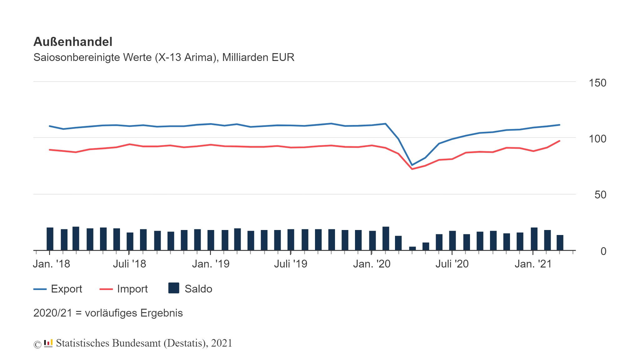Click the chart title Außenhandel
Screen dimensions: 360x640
[x=73, y=42]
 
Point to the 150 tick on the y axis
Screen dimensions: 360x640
[x=597, y=83]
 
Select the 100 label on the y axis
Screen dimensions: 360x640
[x=597, y=139]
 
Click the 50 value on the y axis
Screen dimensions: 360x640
[x=600, y=195]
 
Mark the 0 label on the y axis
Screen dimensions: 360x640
[x=603, y=251]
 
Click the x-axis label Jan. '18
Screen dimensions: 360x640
[x=52, y=264]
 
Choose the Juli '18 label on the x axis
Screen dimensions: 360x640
[x=129, y=264]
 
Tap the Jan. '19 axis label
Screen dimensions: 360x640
[x=211, y=264]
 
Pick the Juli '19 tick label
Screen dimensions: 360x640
[x=291, y=264]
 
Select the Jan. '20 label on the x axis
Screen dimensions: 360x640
[x=372, y=264]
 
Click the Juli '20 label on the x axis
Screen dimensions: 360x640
[x=452, y=264]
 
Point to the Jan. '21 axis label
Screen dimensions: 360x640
[x=533, y=264]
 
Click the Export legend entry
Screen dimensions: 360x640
[x=66, y=289]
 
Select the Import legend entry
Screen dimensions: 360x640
[x=132, y=289]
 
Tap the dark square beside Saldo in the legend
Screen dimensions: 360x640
[x=174, y=288]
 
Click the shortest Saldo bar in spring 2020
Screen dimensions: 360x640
[x=412, y=248]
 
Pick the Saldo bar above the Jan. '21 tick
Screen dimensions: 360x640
[x=534, y=239]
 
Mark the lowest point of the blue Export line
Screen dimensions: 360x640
[x=412, y=165]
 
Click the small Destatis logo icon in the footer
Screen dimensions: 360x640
[x=48, y=343]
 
